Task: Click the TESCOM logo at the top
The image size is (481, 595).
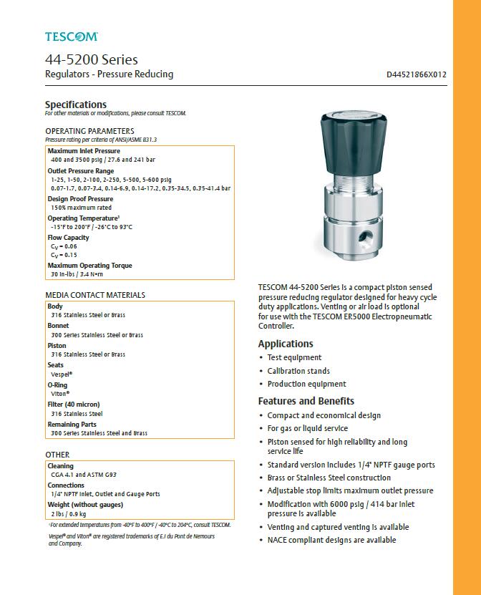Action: click(71, 36)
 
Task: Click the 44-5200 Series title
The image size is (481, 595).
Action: click(91, 59)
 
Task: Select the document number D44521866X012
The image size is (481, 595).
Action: click(416, 74)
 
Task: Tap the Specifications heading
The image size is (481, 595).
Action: click(75, 105)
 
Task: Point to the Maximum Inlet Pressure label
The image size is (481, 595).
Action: click(84, 151)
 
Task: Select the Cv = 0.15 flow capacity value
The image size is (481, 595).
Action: click(64, 254)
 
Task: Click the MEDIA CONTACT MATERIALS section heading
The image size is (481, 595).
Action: click(95, 294)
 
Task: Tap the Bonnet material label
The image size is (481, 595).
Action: click(58, 326)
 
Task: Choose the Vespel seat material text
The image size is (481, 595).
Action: click(62, 374)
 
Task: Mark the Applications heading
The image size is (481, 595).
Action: click(286, 344)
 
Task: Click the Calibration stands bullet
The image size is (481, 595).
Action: click(298, 371)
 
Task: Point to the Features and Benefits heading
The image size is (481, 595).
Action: click(306, 401)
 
